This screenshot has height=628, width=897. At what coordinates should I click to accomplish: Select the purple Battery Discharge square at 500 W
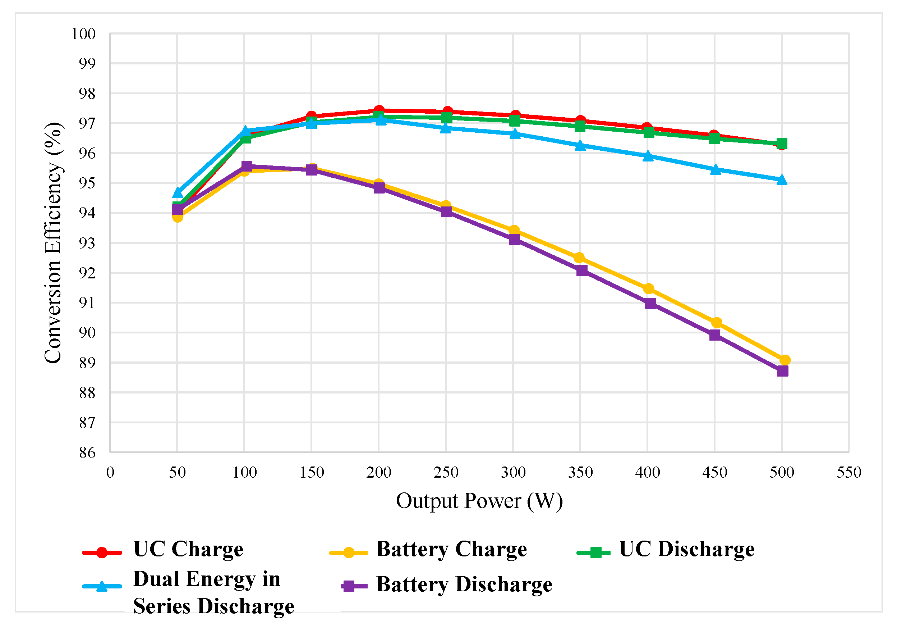pos(782,371)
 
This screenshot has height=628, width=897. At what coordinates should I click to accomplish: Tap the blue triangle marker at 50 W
pos(178,193)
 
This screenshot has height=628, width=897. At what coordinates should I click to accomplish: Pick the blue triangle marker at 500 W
pos(782,180)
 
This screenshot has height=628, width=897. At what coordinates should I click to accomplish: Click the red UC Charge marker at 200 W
pos(378,111)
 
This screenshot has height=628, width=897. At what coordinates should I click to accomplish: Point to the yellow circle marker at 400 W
pos(649,288)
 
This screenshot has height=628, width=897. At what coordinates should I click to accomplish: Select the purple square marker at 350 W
pos(582,270)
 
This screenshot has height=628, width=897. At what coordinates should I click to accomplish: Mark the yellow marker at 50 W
pos(178,217)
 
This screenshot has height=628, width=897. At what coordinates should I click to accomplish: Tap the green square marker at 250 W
pos(447,117)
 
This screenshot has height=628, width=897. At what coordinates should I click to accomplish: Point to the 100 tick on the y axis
pos(83,34)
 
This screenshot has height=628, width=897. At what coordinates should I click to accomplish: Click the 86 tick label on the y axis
pos(87,453)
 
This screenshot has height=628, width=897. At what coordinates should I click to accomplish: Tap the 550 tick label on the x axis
pos(849,473)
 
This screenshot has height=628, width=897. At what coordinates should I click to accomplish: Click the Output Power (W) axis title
pos(479,501)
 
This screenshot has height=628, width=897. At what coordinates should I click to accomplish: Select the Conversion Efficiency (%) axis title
pos(53,242)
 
